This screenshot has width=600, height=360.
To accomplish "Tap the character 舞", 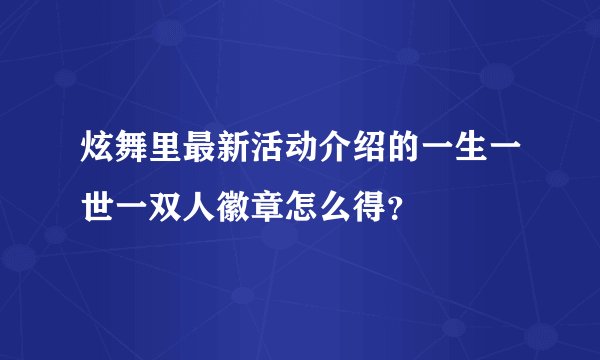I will click(131, 155).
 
